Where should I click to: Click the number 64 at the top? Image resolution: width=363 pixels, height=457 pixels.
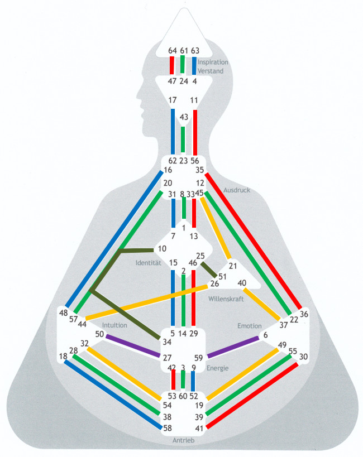pyautogui.click(x=173, y=51)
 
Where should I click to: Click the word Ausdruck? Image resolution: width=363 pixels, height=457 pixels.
pyautogui.click(x=236, y=190)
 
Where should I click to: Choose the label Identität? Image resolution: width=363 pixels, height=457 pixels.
pyautogui.click(x=149, y=262)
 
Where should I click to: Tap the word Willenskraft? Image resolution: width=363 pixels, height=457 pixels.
pyautogui.click(x=226, y=300)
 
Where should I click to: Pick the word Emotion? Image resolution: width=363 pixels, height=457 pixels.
pyautogui.click(x=249, y=325)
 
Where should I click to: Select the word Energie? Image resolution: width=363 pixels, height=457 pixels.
pyautogui.click(x=218, y=367)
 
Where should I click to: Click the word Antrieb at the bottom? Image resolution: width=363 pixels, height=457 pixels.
pyautogui.click(x=184, y=441)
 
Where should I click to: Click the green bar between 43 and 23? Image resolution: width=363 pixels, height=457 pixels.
pyautogui.click(x=183, y=139)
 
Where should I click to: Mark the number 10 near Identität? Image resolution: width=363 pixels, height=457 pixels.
pyautogui.click(x=162, y=248)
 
